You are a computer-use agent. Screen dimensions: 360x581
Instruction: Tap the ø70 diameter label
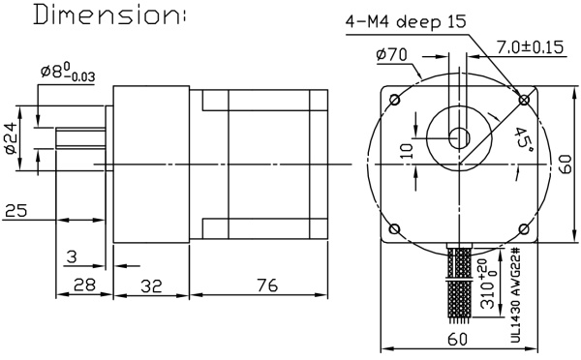click(x=394, y=54)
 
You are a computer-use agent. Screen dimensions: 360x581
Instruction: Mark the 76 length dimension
click(x=267, y=286)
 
